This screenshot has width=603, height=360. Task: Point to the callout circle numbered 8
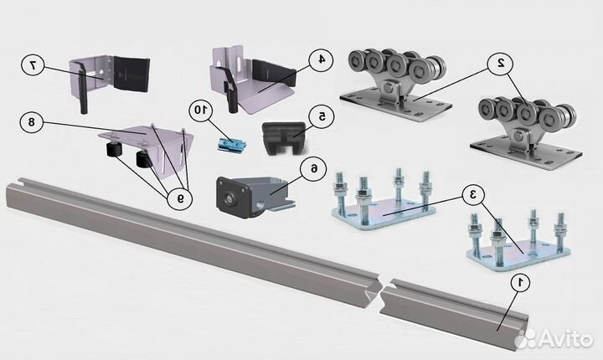(x=32, y=122)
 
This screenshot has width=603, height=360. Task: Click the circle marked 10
(x=200, y=111)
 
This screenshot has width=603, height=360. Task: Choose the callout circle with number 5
(x=322, y=116)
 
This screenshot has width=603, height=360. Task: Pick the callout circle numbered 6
(x=315, y=168)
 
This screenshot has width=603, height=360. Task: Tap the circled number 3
(x=473, y=195)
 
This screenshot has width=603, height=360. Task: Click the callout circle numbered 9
(x=180, y=198)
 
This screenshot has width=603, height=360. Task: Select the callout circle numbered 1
(x=519, y=283)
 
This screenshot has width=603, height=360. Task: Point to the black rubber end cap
(x=285, y=138)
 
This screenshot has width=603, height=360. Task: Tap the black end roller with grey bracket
(x=254, y=197)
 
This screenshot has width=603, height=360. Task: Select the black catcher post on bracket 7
(x=82, y=87)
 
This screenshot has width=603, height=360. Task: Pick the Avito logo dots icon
(x=525, y=338)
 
